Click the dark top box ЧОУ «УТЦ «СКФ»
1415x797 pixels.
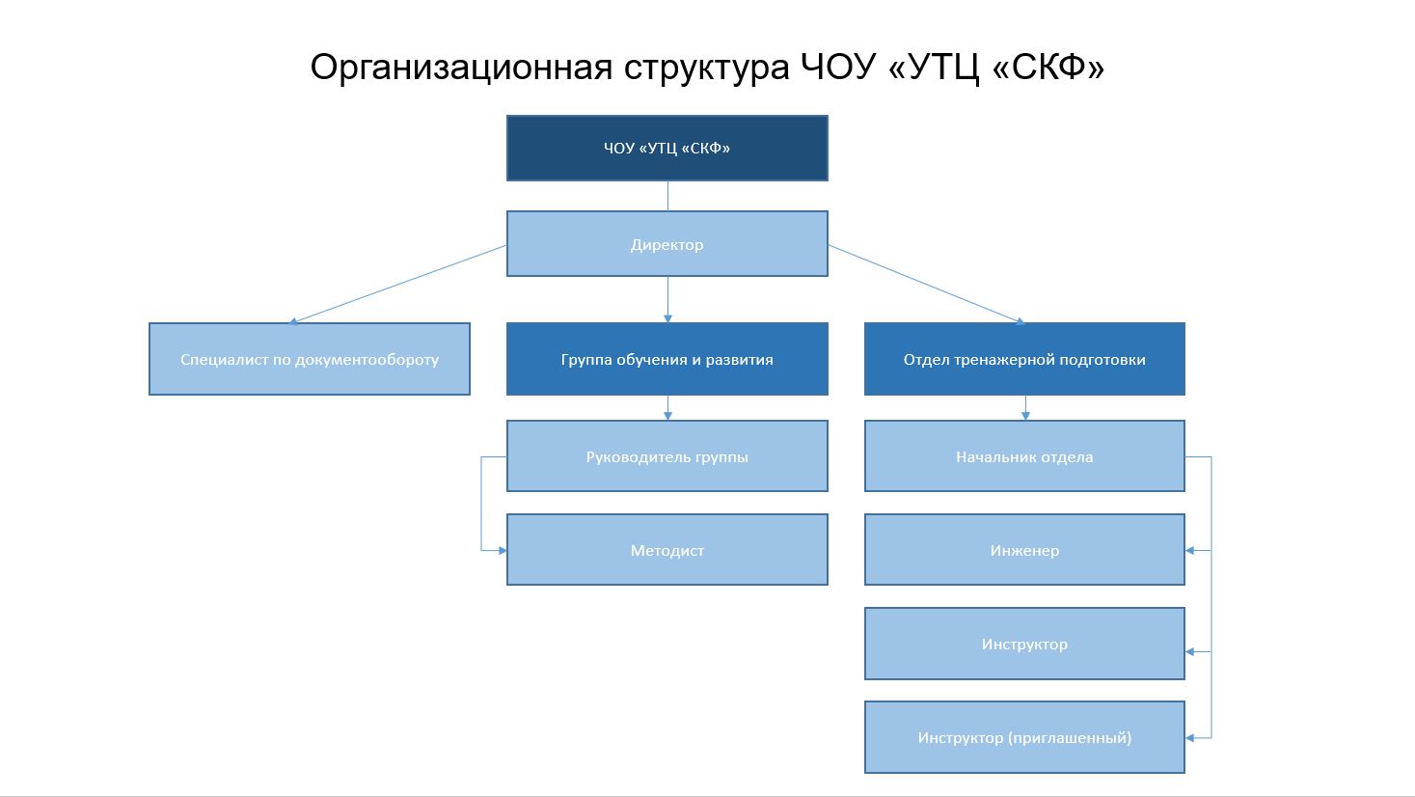[x=667, y=149]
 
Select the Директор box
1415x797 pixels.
[x=667, y=244]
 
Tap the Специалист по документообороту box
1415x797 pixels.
[x=309, y=359]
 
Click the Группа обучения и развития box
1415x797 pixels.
[x=667, y=359]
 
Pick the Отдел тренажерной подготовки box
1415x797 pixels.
[x=1024, y=359]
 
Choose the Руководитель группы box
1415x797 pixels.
[x=667, y=456]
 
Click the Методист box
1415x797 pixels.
[x=667, y=550]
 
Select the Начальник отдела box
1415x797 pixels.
[x=1024, y=456]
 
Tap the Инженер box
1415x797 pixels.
[x=1024, y=550]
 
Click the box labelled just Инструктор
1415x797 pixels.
[x=1024, y=644]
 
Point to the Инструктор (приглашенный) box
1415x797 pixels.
[x=1024, y=737]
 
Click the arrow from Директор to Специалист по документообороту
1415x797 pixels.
[x=397, y=284]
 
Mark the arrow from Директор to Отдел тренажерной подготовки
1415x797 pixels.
[x=926, y=284]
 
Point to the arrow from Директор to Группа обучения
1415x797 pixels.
[x=667, y=299]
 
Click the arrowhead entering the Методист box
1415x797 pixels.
[x=502, y=551]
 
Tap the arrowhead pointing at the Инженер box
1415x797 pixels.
[x=1190, y=551]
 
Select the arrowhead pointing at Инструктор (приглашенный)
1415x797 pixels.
[x=1190, y=738]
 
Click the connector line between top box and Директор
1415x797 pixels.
[x=667, y=196]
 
